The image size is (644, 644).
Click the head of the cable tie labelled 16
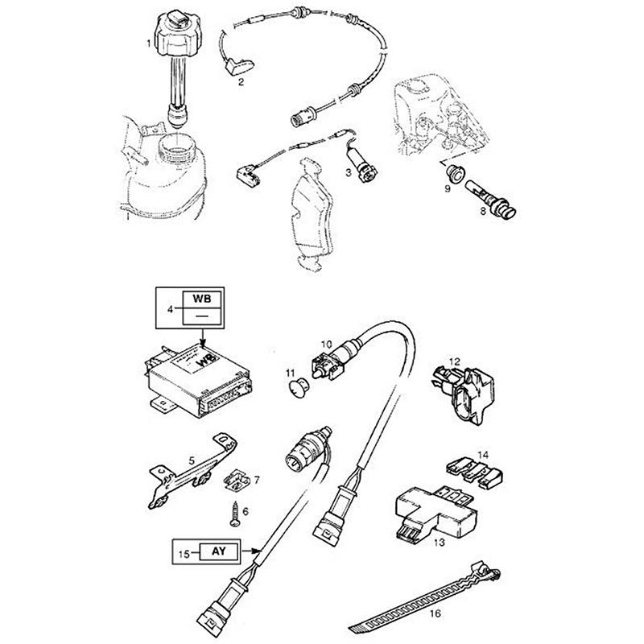point(490,572)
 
